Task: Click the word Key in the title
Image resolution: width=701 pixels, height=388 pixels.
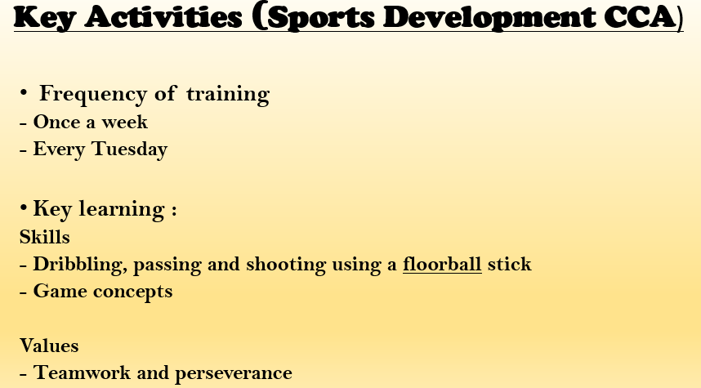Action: [44, 18]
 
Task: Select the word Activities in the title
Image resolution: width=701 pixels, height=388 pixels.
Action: [163, 16]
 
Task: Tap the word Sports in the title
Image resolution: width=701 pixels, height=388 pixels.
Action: [321, 18]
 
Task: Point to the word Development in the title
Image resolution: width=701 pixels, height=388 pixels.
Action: [489, 18]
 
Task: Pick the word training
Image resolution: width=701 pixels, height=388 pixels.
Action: [228, 95]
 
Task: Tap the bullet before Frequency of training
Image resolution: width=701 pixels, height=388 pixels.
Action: [23, 93]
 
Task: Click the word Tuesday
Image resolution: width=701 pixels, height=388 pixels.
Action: [129, 149]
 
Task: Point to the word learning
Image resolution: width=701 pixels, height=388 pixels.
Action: [122, 210]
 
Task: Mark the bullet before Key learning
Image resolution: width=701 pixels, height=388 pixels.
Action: [23, 207]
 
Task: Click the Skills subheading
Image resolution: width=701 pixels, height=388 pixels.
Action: [45, 237]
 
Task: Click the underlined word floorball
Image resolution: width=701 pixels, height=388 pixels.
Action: [442, 264]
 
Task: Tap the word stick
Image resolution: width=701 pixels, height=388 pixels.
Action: [510, 264]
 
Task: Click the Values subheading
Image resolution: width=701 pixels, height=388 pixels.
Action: [49, 346]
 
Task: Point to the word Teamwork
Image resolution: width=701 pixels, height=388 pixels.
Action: [83, 372]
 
